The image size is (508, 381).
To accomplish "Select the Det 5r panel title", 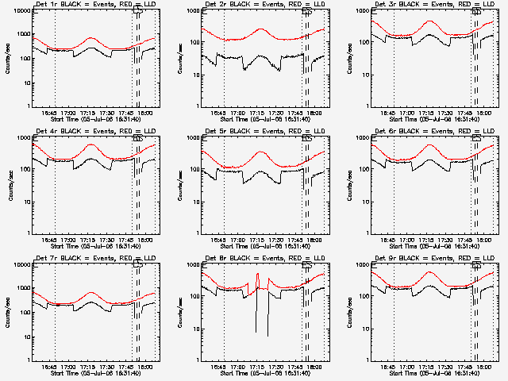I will pos(259,132).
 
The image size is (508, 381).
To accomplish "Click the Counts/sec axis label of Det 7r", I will pos(10,312).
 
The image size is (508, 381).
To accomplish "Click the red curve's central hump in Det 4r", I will pos(91,145).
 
